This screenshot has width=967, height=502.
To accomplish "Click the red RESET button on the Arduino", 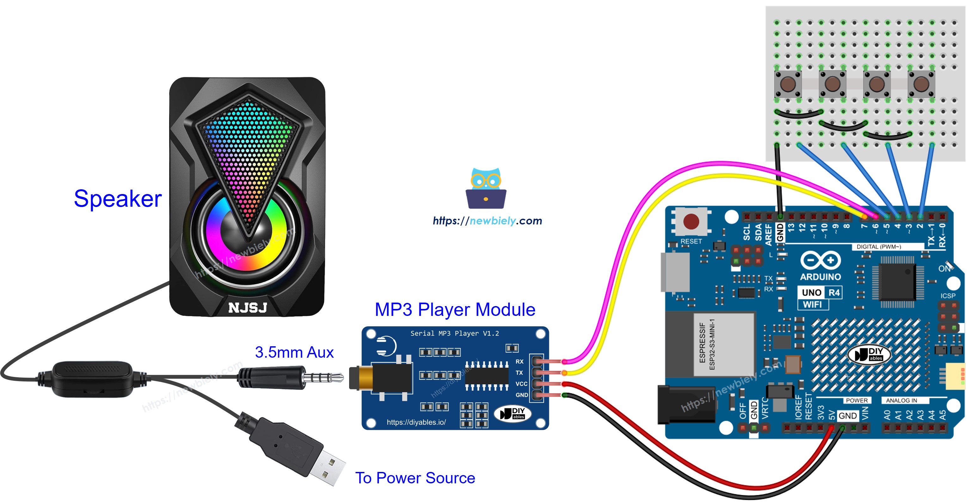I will (691, 221).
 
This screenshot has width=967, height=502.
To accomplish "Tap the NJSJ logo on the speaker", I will (248, 308).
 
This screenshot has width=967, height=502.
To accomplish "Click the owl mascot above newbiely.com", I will (486, 188).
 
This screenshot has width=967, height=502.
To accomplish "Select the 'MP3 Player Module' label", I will (455, 310).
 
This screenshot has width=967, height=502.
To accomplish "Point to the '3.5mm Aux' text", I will (294, 353).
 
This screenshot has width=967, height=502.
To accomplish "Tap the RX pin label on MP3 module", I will (519, 361).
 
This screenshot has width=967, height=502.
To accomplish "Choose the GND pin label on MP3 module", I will (521, 395).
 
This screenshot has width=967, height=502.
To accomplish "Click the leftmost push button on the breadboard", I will (788, 84).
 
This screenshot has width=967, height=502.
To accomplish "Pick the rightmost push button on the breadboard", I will (921, 84).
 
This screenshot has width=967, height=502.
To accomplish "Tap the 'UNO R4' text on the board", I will (820, 292).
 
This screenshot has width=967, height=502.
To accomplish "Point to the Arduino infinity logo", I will (820, 260).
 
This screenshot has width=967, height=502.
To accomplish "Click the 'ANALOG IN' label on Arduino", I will (901, 400).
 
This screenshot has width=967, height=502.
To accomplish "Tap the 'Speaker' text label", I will (118, 199).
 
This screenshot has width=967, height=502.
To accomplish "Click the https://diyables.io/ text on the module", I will (416, 422).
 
